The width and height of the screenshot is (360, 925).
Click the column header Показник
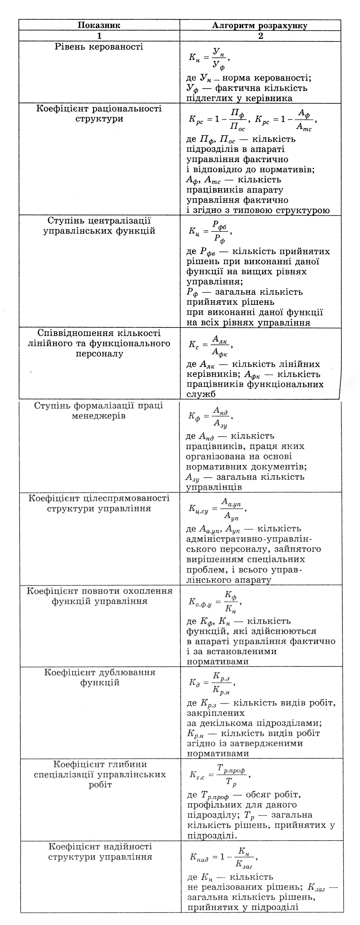pyautogui.click(x=99, y=25)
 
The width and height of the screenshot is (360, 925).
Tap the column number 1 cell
pyautogui.click(x=99, y=36)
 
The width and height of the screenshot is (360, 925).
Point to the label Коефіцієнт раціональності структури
pyautogui.click(x=99, y=113)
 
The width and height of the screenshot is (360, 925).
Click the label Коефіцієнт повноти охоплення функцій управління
pyautogui.click(x=99, y=596)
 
